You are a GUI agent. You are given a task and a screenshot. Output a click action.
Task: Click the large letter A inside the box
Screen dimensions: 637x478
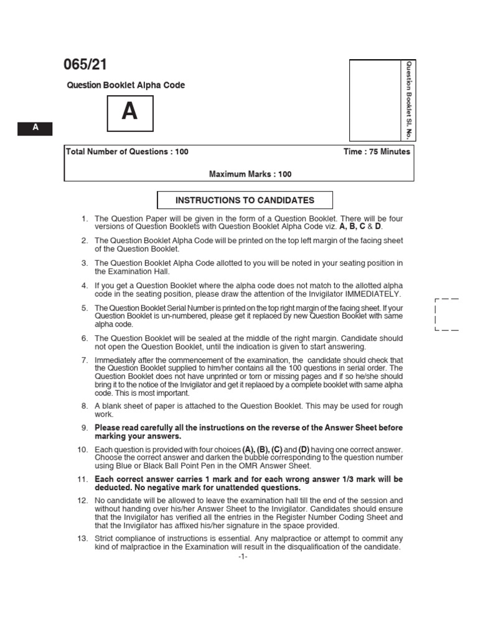click(x=129, y=112)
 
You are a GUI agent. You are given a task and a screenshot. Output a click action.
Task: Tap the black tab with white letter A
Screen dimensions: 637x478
click(x=35, y=128)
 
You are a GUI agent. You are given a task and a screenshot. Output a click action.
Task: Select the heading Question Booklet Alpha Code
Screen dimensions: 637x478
click(x=126, y=85)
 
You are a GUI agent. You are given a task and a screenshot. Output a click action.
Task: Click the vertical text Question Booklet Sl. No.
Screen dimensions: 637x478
click(x=409, y=100)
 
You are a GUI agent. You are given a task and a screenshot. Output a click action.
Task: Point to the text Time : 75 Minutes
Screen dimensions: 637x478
click(x=377, y=152)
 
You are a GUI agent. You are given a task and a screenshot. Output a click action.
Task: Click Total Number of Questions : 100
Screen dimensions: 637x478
click(x=127, y=152)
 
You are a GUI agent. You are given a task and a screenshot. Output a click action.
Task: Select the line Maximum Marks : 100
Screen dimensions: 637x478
click(x=250, y=174)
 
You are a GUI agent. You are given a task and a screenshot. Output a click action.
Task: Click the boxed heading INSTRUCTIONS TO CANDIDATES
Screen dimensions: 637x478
click(x=245, y=200)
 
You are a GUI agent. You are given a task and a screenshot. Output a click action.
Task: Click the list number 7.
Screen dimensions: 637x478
click(x=85, y=360)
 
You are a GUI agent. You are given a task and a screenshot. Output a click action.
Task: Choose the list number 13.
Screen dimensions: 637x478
click(x=83, y=538)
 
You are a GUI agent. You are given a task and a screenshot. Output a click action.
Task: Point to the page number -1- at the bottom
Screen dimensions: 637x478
click(x=243, y=557)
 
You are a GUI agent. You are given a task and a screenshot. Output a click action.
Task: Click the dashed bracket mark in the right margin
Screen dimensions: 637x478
click(x=446, y=314)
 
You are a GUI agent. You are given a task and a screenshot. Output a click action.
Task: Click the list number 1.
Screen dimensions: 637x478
click(x=85, y=218)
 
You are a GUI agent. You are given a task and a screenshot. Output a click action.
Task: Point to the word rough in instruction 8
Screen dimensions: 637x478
click(x=392, y=406)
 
